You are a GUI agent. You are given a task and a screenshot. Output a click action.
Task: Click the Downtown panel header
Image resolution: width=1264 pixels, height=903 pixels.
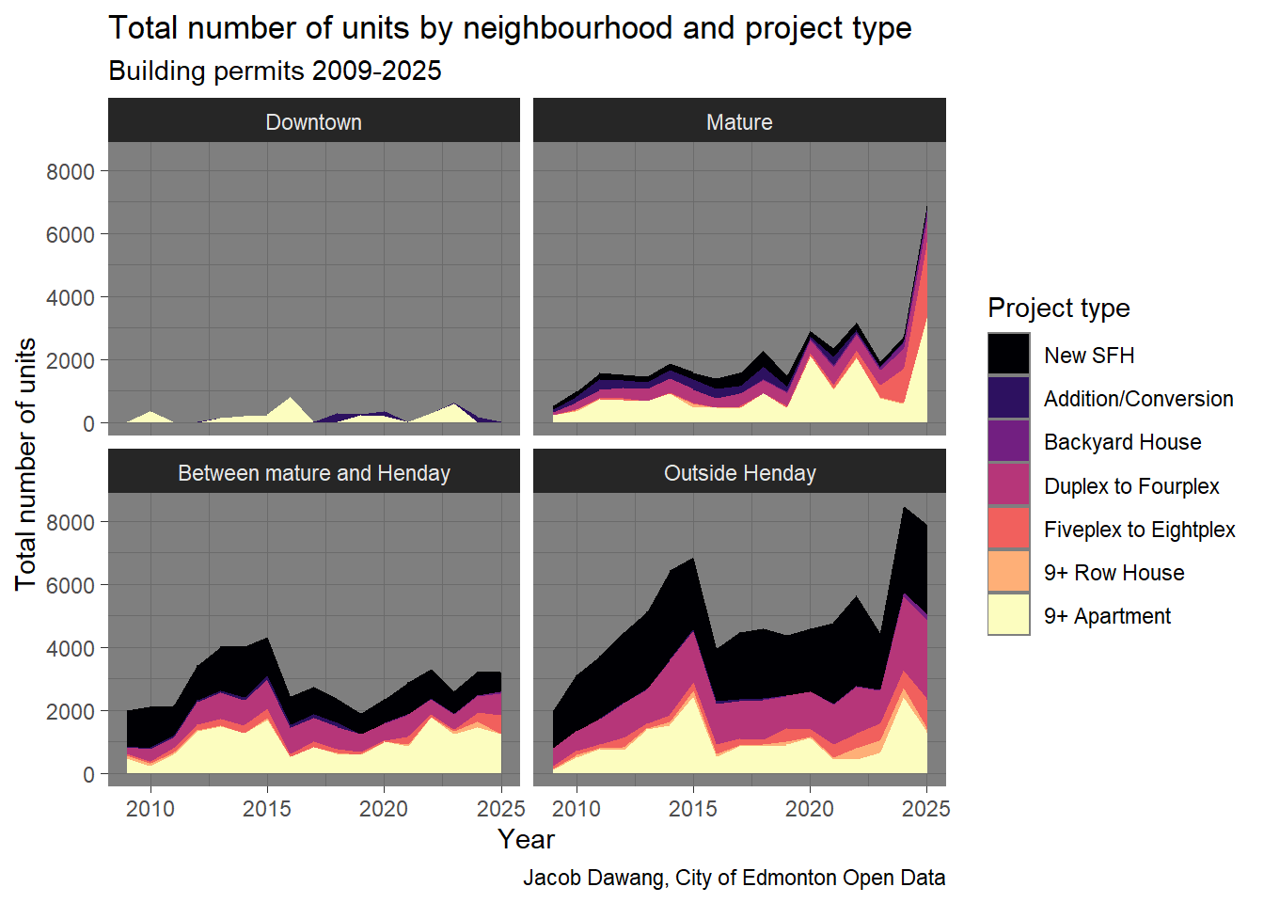click(313, 122)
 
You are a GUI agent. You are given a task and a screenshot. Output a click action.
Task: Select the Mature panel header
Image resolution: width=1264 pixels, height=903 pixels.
click(739, 122)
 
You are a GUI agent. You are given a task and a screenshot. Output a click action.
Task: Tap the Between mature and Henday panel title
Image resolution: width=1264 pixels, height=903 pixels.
click(313, 473)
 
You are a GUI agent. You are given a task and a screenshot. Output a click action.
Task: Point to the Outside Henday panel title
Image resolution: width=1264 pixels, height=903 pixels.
click(739, 473)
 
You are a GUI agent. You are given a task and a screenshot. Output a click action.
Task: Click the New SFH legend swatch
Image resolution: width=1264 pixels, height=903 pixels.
click(1008, 355)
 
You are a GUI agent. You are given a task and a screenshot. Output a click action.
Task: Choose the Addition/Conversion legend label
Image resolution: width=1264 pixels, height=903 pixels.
click(1138, 399)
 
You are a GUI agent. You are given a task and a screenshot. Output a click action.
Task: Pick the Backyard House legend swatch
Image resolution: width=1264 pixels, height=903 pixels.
click(1008, 442)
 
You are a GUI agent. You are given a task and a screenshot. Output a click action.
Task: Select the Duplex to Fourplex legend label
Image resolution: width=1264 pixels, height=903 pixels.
click(1131, 486)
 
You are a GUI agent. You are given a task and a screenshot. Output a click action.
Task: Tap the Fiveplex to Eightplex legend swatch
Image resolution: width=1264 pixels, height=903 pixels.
click(1008, 529)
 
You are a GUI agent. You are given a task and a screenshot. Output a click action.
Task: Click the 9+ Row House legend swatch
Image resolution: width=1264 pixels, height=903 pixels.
click(1008, 572)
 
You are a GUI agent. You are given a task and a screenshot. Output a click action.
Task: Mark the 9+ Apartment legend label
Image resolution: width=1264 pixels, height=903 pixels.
click(1107, 616)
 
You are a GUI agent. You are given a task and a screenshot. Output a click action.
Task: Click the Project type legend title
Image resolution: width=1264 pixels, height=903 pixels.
click(1058, 308)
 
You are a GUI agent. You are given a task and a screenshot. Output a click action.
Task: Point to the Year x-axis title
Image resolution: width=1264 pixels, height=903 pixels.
click(526, 839)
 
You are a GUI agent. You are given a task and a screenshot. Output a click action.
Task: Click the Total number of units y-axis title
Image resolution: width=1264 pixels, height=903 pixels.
click(26, 464)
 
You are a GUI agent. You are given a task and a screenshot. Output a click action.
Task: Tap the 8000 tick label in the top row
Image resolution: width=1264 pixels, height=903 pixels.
click(71, 171)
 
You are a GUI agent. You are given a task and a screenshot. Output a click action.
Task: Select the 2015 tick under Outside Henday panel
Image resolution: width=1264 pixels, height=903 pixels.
click(693, 809)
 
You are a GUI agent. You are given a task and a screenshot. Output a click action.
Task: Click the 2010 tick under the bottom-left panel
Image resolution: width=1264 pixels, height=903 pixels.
click(150, 809)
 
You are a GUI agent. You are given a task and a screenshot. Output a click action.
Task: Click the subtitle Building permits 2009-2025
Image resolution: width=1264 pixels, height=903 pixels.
click(275, 71)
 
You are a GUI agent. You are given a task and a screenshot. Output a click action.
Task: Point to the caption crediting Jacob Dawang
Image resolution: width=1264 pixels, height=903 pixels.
click(734, 878)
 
